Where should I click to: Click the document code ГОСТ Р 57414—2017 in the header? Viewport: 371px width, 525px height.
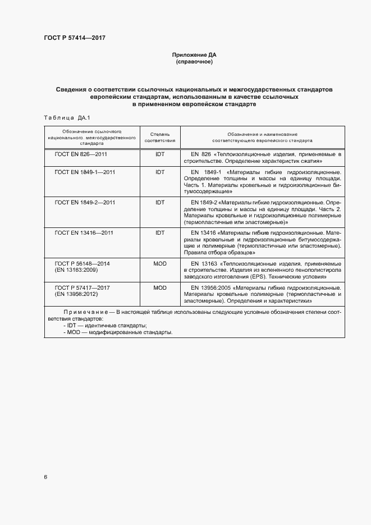pos(75,38)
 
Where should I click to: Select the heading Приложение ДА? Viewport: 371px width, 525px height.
pos(194,54)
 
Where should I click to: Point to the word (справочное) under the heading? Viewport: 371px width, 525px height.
pos(194,61)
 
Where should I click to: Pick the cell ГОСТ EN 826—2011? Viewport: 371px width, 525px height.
pos(81,154)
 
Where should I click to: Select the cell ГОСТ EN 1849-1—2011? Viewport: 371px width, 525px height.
pos(85,172)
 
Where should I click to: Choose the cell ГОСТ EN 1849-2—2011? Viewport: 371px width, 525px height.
pos(85,202)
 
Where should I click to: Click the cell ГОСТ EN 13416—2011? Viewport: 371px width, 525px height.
pos(83,232)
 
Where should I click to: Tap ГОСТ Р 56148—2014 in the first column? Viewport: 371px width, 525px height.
pos(83,263)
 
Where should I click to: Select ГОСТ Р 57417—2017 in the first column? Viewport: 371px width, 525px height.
pos(83,287)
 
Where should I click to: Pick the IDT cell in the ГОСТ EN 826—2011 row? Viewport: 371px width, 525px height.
pos(160,154)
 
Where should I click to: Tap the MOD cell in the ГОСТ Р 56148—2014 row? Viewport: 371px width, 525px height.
pos(160,263)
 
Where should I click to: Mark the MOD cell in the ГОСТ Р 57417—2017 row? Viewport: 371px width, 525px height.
pos(160,287)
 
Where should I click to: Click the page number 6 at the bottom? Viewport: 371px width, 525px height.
pos(45,477)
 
